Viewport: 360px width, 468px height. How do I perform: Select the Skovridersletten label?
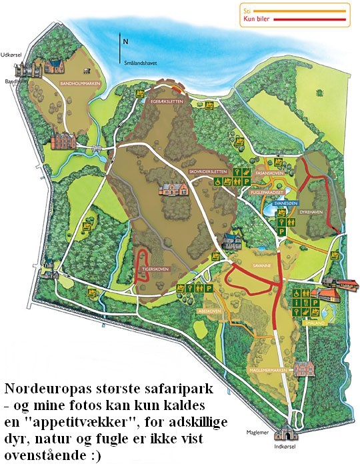coord(205,171)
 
